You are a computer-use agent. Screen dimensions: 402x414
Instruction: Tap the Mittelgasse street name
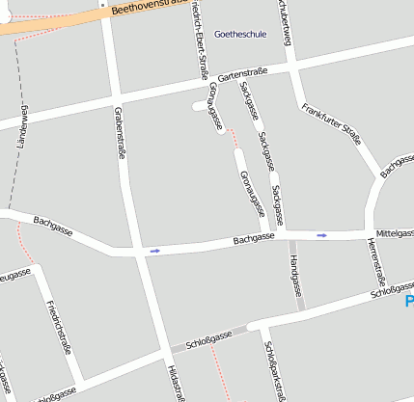pos(395,233)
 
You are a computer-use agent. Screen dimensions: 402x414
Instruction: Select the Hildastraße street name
pos(175,384)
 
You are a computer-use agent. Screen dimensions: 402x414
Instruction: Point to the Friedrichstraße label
pos(59,327)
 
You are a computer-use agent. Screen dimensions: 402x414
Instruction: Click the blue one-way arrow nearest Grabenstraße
pos(154,251)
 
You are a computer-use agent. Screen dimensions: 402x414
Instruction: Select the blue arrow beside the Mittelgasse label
pos(322,234)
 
